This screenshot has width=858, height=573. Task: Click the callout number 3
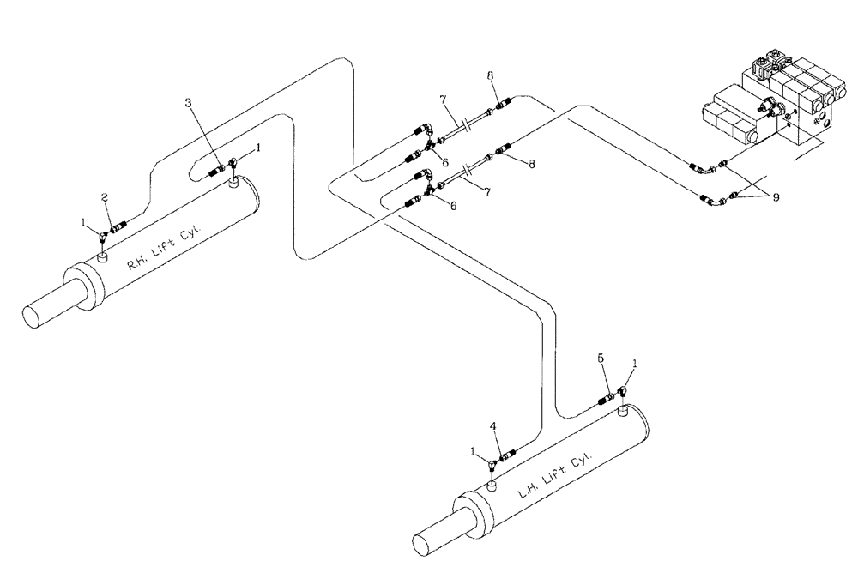coord(189,103)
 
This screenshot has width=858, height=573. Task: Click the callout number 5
coord(601,358)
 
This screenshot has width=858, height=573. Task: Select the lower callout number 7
coord(488,194)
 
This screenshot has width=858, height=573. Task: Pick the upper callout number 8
coord(490,76)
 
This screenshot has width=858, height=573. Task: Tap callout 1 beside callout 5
coord(633,364)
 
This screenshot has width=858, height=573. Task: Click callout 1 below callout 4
coord(473,450)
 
